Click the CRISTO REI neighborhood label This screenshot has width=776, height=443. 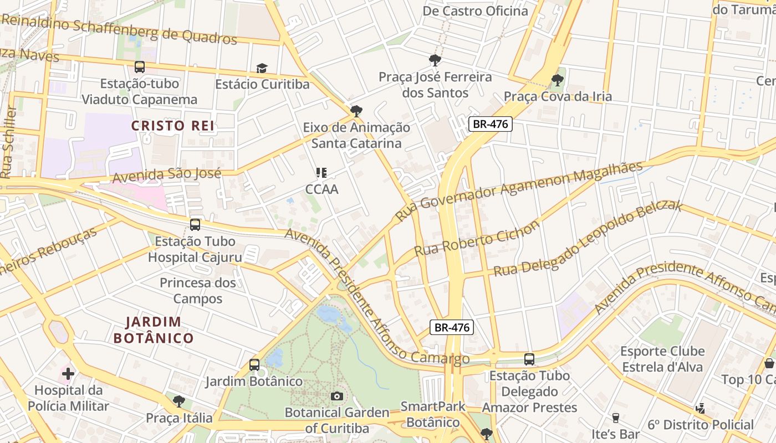click(x=173, y=126)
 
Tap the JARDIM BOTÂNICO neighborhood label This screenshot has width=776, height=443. click(x=154, y=330)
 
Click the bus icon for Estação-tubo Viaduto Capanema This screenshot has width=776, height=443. click(x=140, y=67)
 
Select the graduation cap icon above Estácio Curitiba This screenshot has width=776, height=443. click(x=262, y=68)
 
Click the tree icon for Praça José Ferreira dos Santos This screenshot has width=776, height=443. click(x=435, y=60)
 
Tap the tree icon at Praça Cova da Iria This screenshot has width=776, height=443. click(x=557, y=80)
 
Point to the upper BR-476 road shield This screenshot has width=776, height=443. click(x=491, y=124)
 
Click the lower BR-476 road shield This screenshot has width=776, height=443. click(x=452, y=327)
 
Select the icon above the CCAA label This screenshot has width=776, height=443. click(x=321, y=173)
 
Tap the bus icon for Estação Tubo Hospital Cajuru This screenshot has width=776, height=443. click(x=195, y=225)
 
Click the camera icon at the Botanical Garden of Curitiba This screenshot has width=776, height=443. click(x=336, y=396)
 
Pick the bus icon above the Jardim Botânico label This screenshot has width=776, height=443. click(x=254, y=365)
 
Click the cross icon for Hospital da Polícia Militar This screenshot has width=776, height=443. click(x=68, y=374)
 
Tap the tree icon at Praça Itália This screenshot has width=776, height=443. click(x=178, y=401)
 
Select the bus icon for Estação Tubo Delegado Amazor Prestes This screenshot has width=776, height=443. click(x=529, y=359)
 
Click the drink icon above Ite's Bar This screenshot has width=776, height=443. click(x=615, y=418)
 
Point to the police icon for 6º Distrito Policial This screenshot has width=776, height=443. click(x=701, y=409)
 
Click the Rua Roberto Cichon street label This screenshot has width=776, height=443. click(x=477, y=239)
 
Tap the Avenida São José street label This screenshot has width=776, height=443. click(x=167, y=175)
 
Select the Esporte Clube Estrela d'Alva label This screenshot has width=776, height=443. click(x=662, y=359)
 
